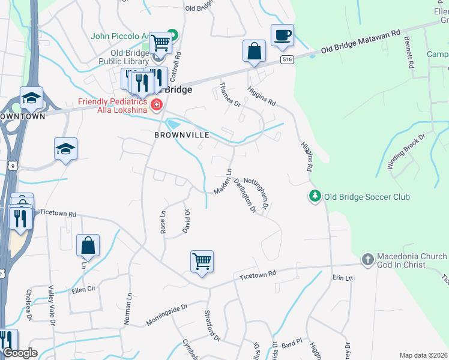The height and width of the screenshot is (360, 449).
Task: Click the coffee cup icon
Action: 282,35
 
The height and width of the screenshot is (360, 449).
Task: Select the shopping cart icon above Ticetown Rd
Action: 202,262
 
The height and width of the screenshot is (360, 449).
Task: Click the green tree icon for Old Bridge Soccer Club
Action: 314,196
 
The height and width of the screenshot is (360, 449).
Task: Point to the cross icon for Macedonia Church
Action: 367,260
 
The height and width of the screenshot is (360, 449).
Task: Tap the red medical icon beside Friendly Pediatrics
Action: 157,106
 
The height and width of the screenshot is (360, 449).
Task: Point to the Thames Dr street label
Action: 231,95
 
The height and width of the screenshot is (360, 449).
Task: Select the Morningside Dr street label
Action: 167,314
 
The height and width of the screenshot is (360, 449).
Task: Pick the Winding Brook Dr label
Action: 406,150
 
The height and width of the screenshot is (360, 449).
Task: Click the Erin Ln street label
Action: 343,278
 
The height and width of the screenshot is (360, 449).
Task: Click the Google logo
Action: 20,353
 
